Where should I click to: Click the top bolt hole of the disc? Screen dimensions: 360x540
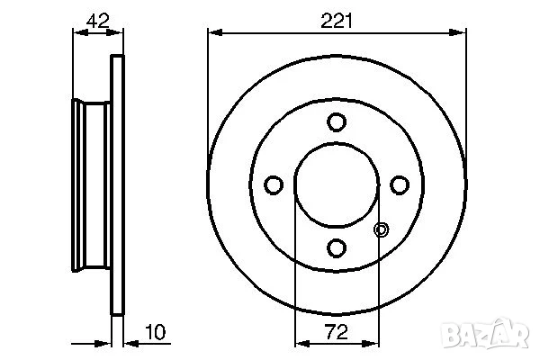coord(337,121)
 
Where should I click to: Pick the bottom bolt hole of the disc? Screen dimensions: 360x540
coord(337,247)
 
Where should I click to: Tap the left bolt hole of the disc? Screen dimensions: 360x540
coord(274,184)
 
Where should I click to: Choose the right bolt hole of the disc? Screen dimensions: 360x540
coord(399,184)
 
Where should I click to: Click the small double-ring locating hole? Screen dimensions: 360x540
coord(381,229)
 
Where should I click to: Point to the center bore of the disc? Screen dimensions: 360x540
coord(337,184)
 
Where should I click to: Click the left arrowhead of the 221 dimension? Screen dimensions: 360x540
coord(213,32)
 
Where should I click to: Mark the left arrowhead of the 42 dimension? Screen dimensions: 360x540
coord(76,32)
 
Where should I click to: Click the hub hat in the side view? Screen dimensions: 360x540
coord(90,184)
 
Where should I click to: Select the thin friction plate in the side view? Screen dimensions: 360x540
coord(115,184)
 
